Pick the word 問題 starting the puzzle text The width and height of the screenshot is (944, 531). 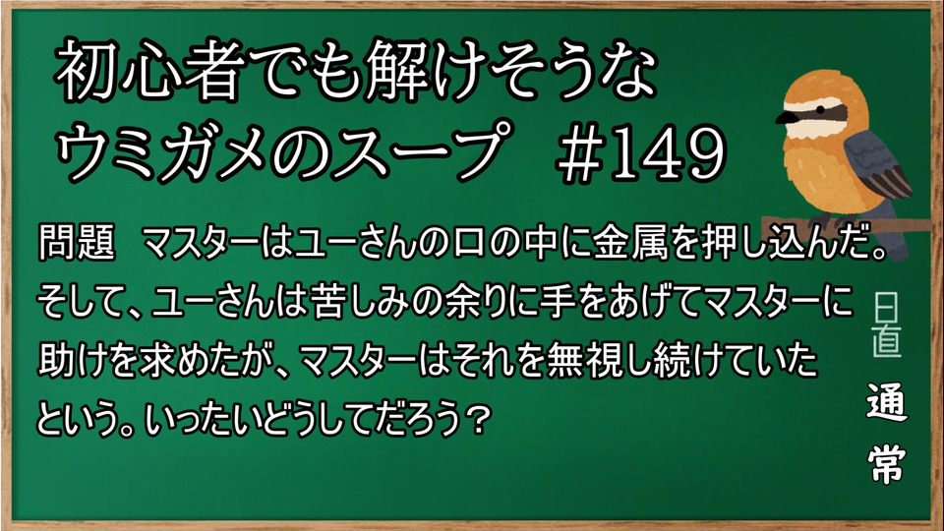(x=76, y=242)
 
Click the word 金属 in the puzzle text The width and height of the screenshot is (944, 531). (x=630, y=242)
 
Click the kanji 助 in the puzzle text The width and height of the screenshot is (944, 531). (x=57, y=359)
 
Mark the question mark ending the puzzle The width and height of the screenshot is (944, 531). (x=479, y=417)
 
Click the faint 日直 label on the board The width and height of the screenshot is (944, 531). (x=886, y=325)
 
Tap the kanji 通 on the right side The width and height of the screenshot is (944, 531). (x=886, y=401)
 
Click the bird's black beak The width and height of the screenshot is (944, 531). (x=785, y=117)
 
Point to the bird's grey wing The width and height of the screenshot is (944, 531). (x=876, y=166)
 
